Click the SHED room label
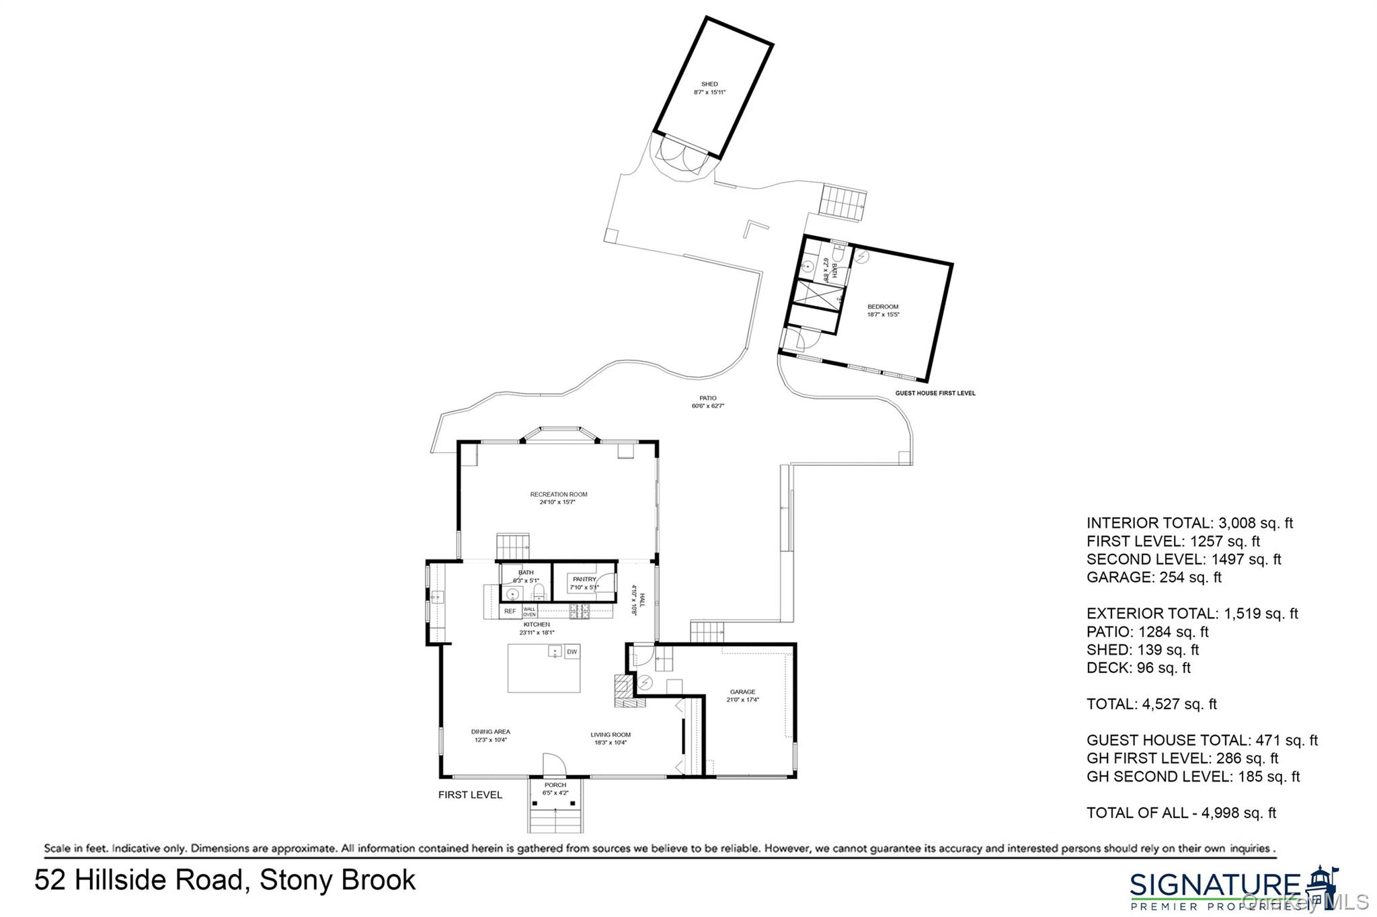coord(709,85)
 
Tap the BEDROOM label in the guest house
coord(883,307)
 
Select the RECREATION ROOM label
coord(558,495)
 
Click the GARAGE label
coord(742,692)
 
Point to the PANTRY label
coord(584,580)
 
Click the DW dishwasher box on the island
coord(572,652)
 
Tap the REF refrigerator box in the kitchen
coord(510,612)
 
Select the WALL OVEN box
coord(530,612)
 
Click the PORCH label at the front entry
coord(555,785)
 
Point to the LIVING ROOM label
coord(611,735)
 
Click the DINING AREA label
coord(490,731)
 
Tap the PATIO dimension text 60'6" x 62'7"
coord(707,406)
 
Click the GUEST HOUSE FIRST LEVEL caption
coord(935,393)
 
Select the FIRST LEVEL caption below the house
coord(470,795)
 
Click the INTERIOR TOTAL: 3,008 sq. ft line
coord(1189,523)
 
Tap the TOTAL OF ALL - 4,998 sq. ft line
coord(1181,813)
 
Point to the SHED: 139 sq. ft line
coord(1142,650)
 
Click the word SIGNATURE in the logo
coord(1214,885)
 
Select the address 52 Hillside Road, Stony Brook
coord(225,881)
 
